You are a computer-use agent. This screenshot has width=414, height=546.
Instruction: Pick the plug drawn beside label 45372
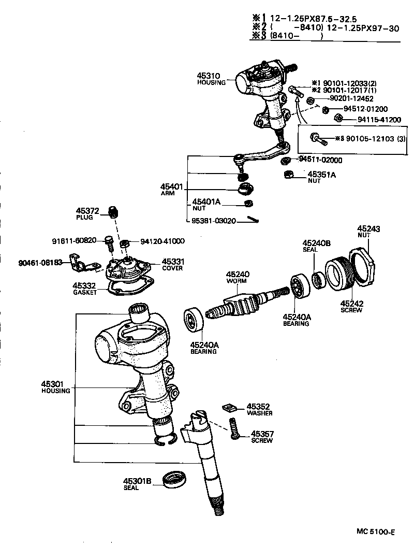113,212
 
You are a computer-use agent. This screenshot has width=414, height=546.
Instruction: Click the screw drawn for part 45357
233,430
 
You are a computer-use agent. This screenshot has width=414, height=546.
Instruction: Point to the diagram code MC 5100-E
376,531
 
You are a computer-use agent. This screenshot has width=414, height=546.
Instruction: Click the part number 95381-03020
213,221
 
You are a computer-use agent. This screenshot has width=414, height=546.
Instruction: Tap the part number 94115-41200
379,120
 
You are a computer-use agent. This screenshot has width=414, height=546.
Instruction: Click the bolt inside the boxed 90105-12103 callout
317,138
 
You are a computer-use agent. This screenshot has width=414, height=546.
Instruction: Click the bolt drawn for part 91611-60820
109,242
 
